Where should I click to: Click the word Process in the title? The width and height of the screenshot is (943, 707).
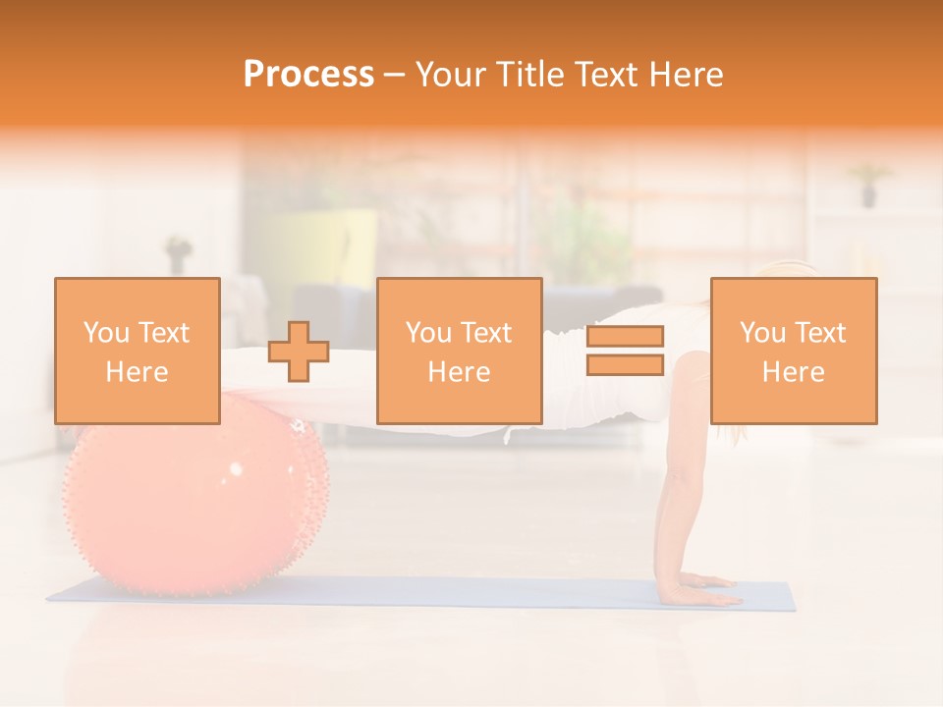pyautogui.click(x=308, y=75)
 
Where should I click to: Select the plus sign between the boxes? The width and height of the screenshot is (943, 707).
pyautogui.click(x=299, y=352)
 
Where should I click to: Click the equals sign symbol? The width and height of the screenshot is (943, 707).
pyautogui.click(x=625, y=351)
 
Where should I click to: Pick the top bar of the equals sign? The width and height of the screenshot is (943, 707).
pyautogui.click(x=625, y=336)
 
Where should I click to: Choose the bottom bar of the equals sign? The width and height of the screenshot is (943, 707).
pyautogui.click(x=625, y=364)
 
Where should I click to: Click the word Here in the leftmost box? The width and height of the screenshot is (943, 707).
pyautogui.click(x=138, y=372)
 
